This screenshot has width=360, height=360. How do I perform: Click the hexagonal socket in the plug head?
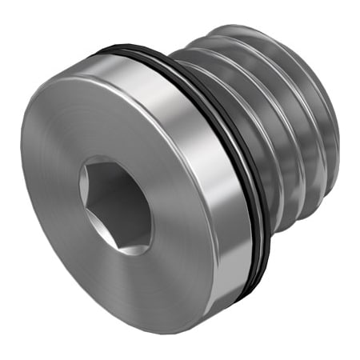point(115,203)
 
